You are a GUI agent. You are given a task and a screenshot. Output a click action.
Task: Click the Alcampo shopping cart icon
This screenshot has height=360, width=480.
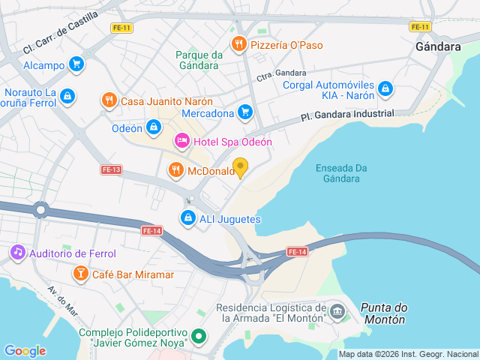pos(75,64)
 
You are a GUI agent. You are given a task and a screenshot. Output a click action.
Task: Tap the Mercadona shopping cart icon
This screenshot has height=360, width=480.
pos(244,112)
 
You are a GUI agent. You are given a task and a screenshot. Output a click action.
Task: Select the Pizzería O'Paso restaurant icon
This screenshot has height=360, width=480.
pos(238,44)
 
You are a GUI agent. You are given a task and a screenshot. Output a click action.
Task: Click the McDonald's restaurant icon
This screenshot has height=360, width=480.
pos(176,170)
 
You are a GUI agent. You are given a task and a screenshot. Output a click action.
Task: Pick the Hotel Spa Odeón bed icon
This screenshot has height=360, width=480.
pos(181,141)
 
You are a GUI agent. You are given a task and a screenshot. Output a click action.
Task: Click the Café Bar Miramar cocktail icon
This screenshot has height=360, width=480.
pos(79,274)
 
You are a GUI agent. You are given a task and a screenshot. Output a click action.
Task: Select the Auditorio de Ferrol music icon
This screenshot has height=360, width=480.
pos(17,253)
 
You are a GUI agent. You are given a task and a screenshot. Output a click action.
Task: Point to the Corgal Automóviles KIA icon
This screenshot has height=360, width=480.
pos(385,88)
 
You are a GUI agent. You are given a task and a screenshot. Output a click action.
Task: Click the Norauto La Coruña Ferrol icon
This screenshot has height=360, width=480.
pos(68,96)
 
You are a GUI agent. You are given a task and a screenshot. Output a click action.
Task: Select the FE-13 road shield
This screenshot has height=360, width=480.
pos(111,169)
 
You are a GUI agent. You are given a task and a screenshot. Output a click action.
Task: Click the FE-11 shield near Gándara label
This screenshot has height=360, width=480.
pos(420,27)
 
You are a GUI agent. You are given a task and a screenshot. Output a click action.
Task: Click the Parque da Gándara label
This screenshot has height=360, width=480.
pos(199,60)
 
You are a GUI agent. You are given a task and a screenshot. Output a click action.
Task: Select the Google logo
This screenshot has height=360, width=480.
pos(25,350)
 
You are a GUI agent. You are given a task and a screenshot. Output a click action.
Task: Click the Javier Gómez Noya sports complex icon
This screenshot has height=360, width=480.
pos(198,336)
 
